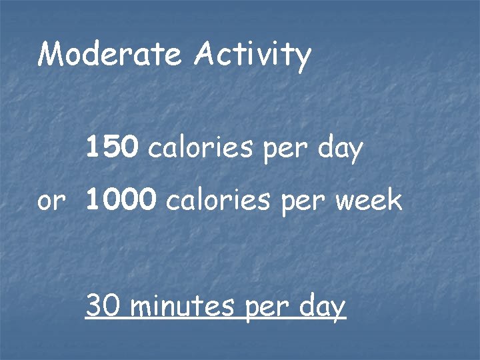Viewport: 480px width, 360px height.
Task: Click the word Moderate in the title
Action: (109, 55)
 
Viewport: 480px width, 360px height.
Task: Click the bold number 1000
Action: (121, 200)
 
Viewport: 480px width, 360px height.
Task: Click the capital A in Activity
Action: (205, 55)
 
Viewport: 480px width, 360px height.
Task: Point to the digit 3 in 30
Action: (95, 307)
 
